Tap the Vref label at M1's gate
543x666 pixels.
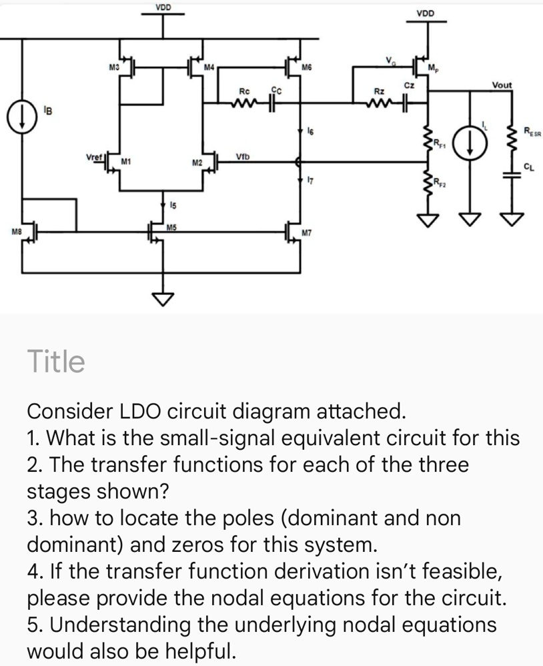pos(94,157)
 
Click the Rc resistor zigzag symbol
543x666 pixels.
pos(243,103)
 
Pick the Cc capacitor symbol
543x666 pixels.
pos(274,103)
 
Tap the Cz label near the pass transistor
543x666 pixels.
pos(410,85)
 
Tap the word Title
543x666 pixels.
pos(56,362)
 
